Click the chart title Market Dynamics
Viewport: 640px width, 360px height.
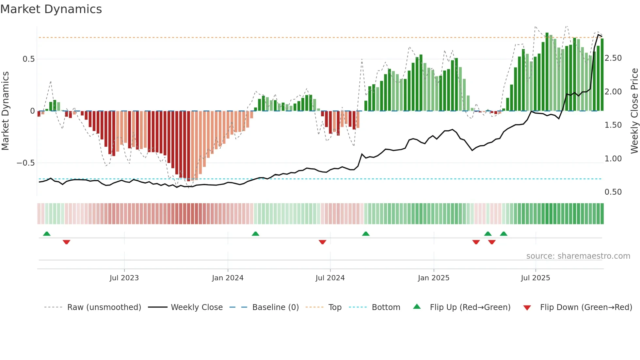[x=51, y=9]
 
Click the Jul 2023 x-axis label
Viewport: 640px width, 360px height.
[x=124, y=278]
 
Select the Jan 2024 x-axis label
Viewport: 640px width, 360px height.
[x=228, y=278]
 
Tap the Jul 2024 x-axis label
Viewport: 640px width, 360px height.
[x=330, y=278]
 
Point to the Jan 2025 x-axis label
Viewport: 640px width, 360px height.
[x=434, y=278]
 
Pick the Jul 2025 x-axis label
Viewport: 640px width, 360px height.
[x=536, y=278]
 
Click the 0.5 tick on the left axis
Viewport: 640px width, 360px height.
[x=28, y=59]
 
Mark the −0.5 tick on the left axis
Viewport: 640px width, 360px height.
[x=25, y=163]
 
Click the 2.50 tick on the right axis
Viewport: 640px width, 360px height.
[x=613, y=58]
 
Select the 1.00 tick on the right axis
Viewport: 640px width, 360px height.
[x=613, y=159]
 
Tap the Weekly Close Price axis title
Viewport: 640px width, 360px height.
[x=634, y=111]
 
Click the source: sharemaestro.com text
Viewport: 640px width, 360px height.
[x=578, y=256]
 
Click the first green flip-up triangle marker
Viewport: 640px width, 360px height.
[x=47, y=234]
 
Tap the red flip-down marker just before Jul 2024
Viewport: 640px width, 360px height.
[x=322, y=242]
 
